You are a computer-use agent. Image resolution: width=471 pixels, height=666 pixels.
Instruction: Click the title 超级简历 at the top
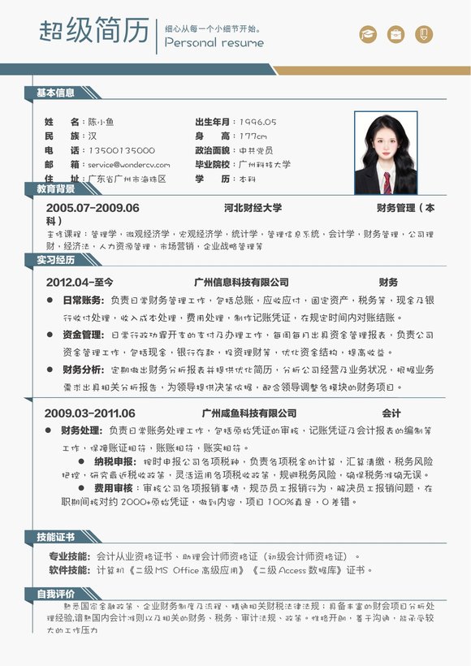[x=94, y=31]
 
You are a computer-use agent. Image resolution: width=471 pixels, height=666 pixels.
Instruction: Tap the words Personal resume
[x=214, y=43]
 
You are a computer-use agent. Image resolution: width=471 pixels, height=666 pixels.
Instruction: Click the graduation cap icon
[x=369, y=34]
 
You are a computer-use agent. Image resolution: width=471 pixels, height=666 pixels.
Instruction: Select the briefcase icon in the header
[x=396, y=34]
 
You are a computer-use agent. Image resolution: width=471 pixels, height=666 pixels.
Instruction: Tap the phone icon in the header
[x=424, y=34]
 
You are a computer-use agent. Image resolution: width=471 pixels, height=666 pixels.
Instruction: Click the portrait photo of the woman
[x=385, y=152]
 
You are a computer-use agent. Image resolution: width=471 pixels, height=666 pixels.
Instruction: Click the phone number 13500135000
[x=121, y=150]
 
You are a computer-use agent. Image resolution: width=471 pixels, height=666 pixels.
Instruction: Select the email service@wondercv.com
[x=129, y=165]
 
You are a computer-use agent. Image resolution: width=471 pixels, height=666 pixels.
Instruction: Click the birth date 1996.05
[x=257, y=121]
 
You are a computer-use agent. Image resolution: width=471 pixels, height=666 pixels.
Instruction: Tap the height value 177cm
[x=253, y=136]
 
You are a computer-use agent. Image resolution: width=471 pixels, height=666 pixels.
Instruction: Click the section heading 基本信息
[x=55, y=93]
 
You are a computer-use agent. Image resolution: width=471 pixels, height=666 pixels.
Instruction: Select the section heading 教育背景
[x=55, y=188]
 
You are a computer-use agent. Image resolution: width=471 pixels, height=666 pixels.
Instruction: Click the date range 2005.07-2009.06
[x=93, y=208]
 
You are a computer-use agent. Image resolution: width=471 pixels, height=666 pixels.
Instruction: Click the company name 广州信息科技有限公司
[x=241, y=282]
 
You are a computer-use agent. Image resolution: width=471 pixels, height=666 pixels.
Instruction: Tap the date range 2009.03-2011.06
[x=89, y=413]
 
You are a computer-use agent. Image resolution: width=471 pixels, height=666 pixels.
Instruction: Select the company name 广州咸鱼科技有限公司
[x=249, y=413]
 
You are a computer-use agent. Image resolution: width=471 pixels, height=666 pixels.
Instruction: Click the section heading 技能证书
[x=55, y=537]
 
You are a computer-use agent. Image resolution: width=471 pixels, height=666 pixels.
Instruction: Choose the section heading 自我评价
[x=55, y=594]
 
